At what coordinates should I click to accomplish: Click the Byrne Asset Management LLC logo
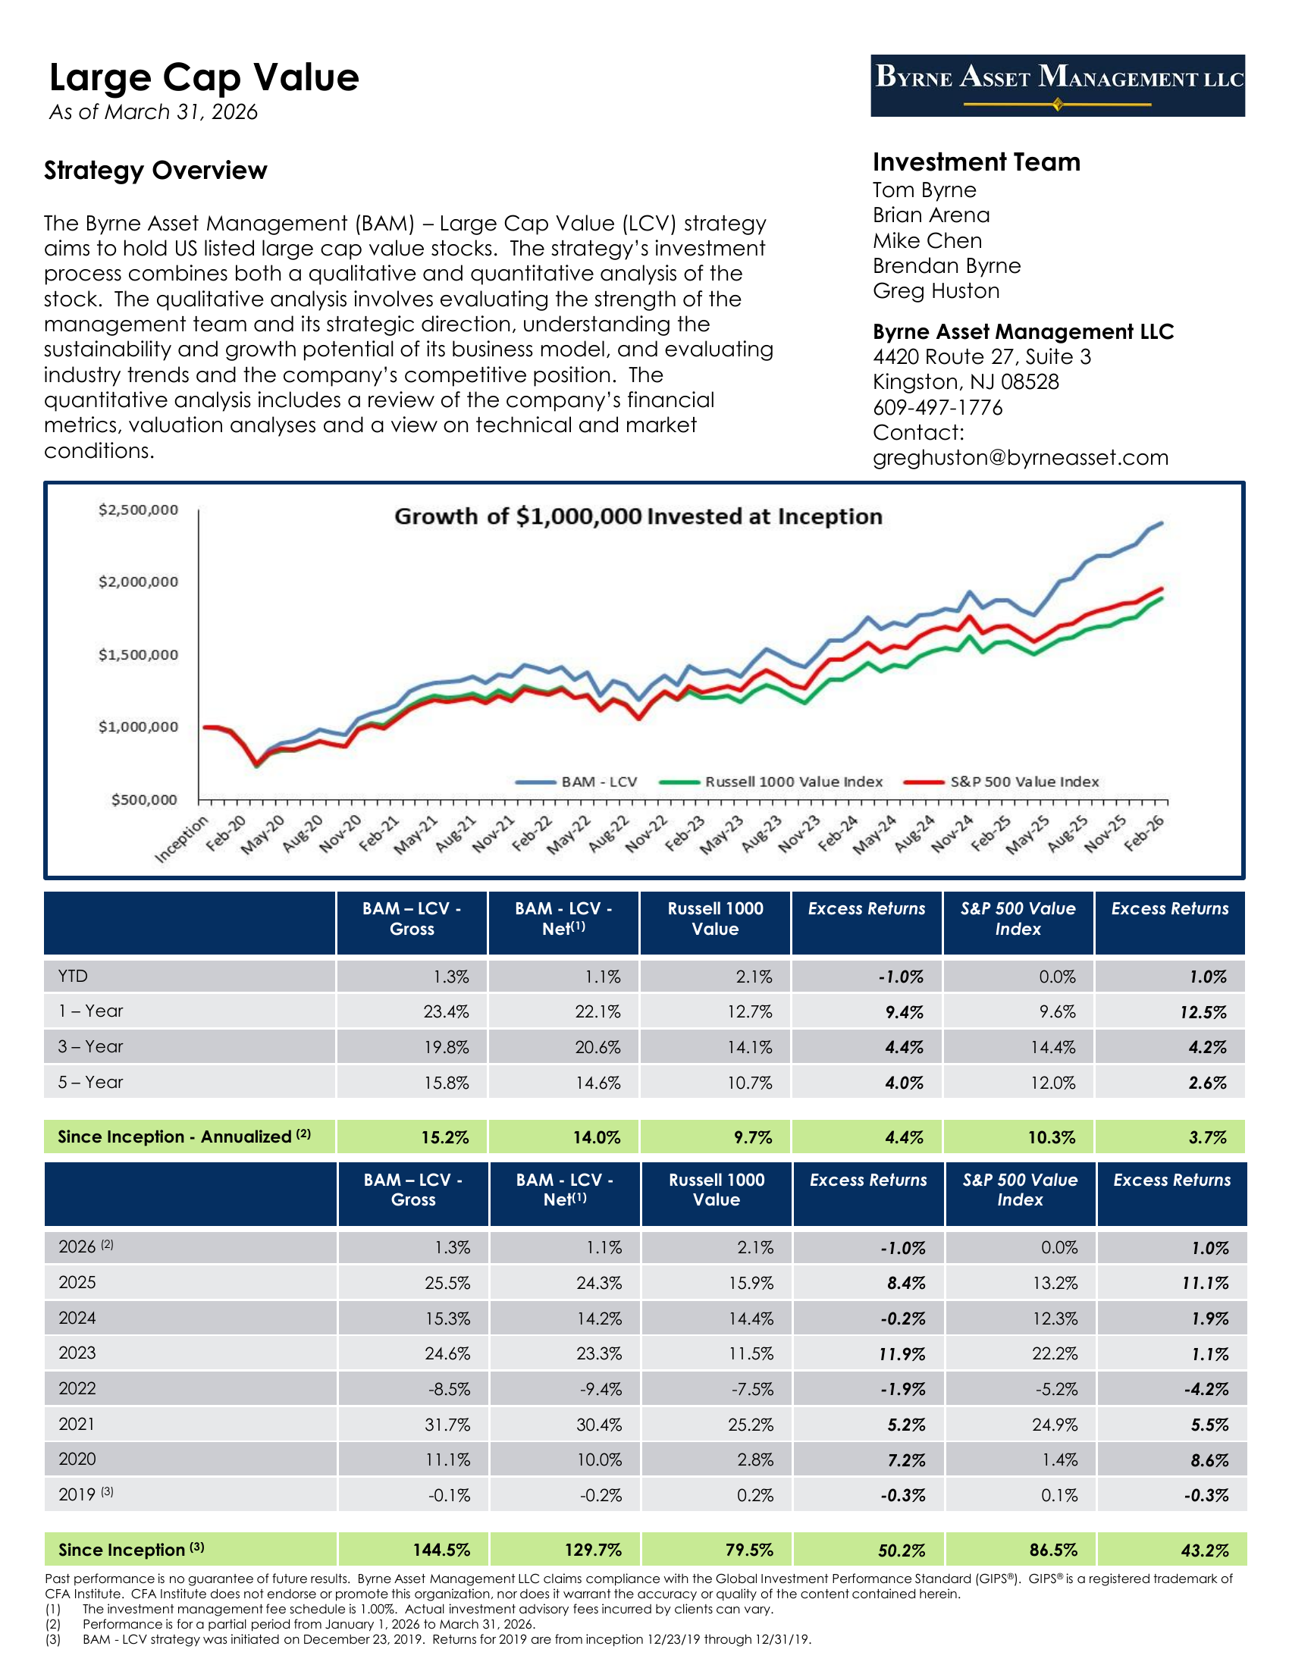point(1057,85)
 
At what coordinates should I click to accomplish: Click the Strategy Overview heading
point(155,171)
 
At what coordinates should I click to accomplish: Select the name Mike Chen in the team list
point(927,240)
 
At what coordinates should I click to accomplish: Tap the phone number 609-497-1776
point(937,407)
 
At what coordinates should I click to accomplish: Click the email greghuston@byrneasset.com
point(1020,457)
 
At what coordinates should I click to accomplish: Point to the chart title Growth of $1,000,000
point(638,516)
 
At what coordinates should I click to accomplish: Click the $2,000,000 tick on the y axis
point(138,582)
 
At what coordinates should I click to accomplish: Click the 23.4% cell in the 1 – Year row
point(446,1012)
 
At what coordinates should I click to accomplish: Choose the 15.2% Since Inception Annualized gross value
point(445,1137)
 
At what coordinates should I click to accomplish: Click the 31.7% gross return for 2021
point(447,1425)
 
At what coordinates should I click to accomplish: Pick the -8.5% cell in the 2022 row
point(449,1389)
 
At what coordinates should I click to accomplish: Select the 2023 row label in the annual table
point(77,1353)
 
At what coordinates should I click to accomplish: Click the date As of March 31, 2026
point(153,112)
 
